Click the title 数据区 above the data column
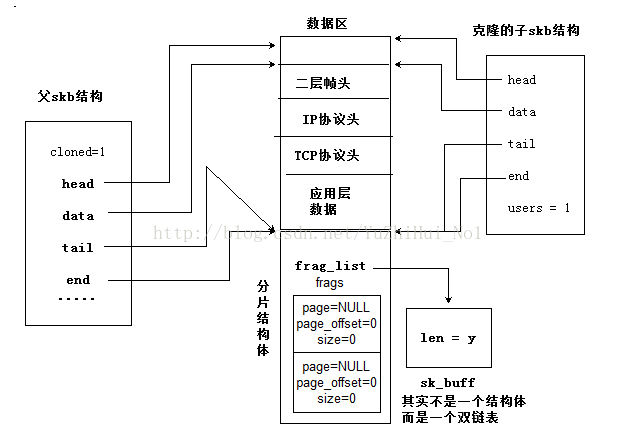pos(333,23)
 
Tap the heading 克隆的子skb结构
pos(525,31)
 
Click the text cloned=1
pos(77,152)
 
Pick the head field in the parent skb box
pos(77,184)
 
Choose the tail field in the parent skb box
pos(77,248)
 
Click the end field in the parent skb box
pos(77,280)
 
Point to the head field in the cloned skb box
pos(521,80)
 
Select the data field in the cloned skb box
pos(521,112)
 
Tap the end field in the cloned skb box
pos(518,176)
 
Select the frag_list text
pos(330,266)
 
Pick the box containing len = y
pos(448,338)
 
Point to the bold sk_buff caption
pos(448,383)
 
